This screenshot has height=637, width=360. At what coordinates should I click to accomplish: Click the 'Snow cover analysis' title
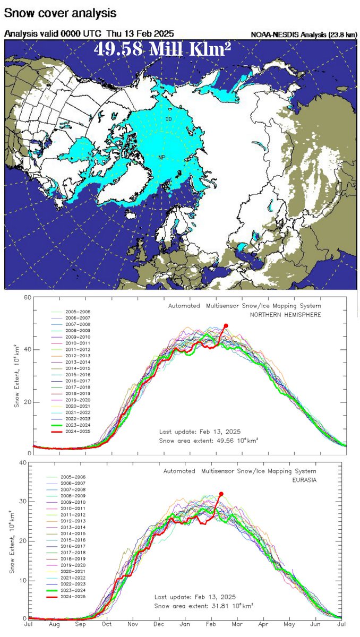coord(61,11)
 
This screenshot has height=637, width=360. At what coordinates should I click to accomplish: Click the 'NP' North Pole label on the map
coord(162,157)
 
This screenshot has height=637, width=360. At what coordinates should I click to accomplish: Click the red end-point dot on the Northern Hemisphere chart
coord(226,326)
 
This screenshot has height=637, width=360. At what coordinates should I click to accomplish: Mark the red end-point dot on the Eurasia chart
coord(221,494)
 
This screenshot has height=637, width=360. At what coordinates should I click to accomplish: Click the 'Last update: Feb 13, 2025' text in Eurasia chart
coord(195,596)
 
